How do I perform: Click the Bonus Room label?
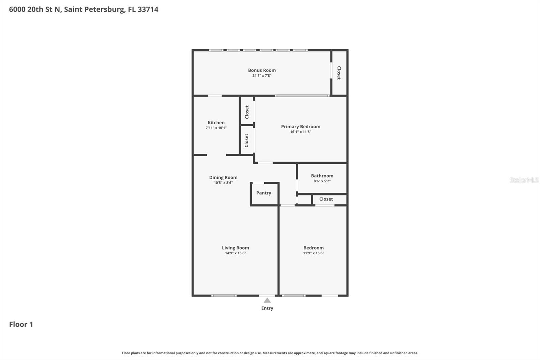pos(262,70)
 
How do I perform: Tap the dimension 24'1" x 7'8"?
pos(262,76)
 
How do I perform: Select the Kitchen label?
pos(216,123)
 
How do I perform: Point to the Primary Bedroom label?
pos(300,127)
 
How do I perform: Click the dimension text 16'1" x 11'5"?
pos(300,132)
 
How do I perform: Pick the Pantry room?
pos(264,193)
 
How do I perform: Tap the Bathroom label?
pos(322,176)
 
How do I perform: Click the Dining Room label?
pos(223,177)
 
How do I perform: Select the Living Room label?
pos(235,248)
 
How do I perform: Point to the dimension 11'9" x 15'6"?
pos(313,253)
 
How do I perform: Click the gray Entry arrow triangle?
pos(267,301)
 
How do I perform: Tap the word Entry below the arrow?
pos(267,308)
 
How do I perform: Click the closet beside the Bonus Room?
pos(339,73)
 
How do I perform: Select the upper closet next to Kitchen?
pos(247,112)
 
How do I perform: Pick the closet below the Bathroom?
pos(326,199)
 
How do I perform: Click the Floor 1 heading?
pos(21,324)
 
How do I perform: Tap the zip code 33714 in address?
pos(148,9)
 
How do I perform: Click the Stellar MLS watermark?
pos(524,180)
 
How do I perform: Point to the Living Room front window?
pos(224,295)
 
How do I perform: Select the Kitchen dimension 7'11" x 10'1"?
pos(216,128)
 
